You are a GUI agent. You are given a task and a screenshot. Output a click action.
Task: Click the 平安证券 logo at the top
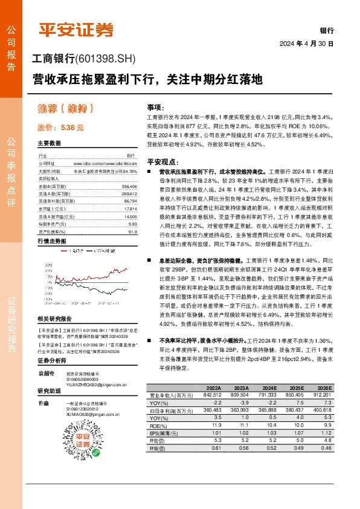pyautogui.click(x=76, y=28)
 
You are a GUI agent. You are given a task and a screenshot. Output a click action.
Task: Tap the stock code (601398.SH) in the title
pyautogui.click(x=106, y=59)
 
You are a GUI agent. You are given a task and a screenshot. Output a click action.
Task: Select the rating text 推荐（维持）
pyautogui.click(x=65, y=109)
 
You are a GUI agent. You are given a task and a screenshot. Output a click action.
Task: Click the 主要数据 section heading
pyautogui.click(x=50, y=144)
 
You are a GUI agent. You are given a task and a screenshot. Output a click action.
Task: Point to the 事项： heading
pyautogui.click(x=156, y=106)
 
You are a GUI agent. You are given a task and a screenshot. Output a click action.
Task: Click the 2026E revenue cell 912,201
pyautogui.click(x=322, y=395)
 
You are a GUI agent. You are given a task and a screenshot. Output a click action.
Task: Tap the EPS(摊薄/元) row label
pyautogui.click(x=170, y=433)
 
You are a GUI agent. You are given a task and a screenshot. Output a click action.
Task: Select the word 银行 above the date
pyautogui.click(x=326, y=30)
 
